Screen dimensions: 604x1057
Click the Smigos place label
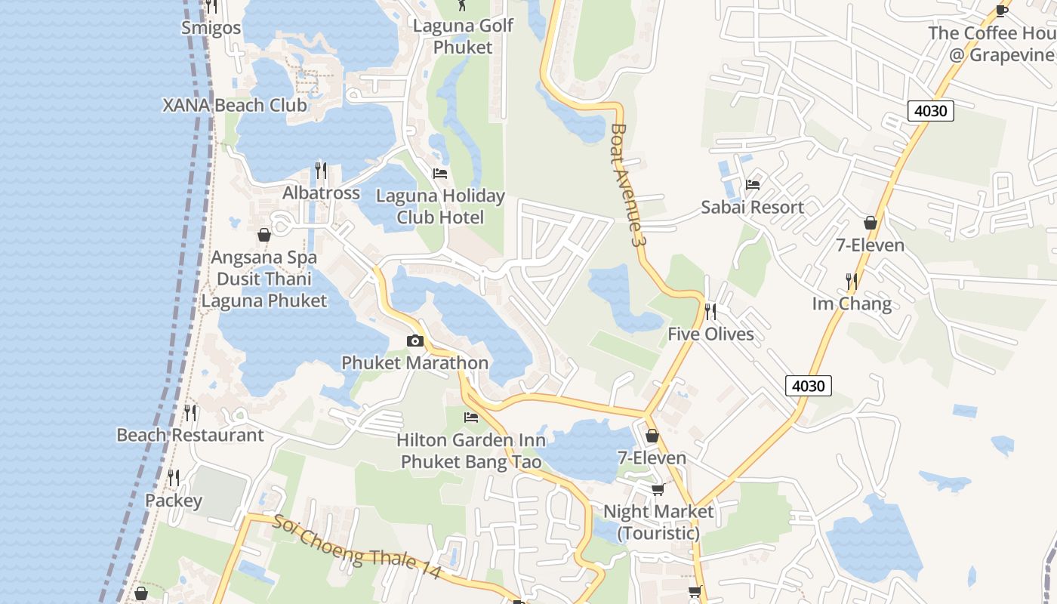[211, 29]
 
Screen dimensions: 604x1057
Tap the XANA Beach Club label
[235, 105]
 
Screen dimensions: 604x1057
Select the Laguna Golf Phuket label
[463, 36]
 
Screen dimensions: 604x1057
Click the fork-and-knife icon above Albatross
[321, 170]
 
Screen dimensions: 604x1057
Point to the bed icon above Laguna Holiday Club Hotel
[440, 174]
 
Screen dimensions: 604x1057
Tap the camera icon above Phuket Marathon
[414, 341]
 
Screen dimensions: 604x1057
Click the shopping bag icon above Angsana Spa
[264, 235]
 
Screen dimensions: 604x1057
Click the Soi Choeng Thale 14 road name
[356, 547]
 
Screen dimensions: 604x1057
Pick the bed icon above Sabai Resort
[752, 185]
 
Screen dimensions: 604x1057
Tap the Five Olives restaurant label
[710, 334]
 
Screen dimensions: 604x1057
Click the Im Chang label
[852, 304]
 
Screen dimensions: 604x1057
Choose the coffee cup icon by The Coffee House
[1002, 11]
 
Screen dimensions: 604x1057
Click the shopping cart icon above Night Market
[658, 489]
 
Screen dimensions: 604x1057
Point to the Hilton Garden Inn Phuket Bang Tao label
[471, 450]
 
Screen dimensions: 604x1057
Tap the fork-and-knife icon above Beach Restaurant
[190, 412]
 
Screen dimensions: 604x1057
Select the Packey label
[174, 501]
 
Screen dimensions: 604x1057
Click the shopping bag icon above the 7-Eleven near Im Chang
[871, 223]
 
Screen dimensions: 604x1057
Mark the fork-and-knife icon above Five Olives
[710, 311]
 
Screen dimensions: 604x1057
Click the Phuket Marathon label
[414, 362]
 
